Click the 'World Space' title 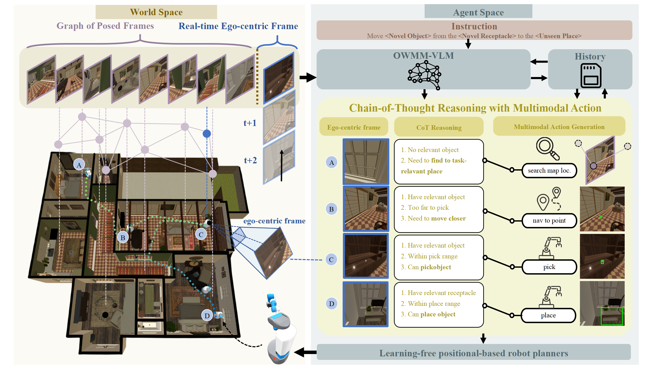156,12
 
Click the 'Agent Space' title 478,12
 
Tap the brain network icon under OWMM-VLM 424,75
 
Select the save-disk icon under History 591,76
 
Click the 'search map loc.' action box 549,171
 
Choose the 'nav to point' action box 549,221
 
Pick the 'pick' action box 549,267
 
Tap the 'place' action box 548,315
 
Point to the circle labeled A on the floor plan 79,165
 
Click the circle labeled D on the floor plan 207,316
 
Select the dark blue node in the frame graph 207,133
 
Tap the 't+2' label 250,160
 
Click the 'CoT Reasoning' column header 439,128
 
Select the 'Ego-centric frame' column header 354,127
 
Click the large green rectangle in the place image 612,316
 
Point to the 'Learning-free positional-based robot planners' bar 474,353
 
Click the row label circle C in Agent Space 331,260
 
